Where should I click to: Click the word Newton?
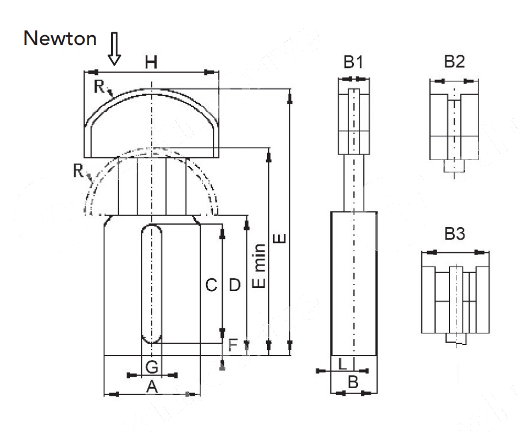[60, 39]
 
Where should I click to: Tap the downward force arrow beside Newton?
[114, 49]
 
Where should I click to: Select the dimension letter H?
[151, 63]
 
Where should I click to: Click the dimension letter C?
[211, 285]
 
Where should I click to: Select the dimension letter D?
[234, 285]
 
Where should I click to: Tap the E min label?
[260, 266]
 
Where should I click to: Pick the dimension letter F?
[233, 345]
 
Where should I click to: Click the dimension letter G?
[151, 366]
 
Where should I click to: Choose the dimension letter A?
[151, 387]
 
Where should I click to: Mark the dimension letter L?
[342, 363]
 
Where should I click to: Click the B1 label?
[353, 62]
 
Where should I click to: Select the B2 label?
[454, 62]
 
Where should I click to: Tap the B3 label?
[454, 234]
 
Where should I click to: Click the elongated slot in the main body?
[152, 283]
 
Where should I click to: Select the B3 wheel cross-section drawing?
[455, 300]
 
